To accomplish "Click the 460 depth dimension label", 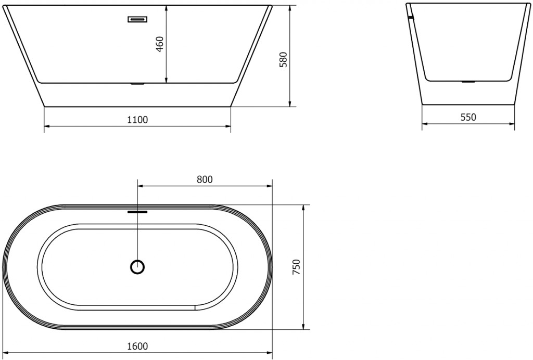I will point(160,43).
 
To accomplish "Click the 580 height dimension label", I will point(283,60).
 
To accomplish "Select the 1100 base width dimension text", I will point(137,120).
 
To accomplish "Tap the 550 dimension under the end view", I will point(468,117).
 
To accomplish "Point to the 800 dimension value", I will point(205,179).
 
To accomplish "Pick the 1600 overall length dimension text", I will point(137,346).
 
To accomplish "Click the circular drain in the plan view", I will point(137,267).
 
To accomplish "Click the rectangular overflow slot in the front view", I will point(137,20).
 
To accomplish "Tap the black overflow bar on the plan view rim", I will point(137,212).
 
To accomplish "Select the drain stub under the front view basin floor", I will point(137,83).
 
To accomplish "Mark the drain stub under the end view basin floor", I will point(468,82).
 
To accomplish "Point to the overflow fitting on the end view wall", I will point(411,18).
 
